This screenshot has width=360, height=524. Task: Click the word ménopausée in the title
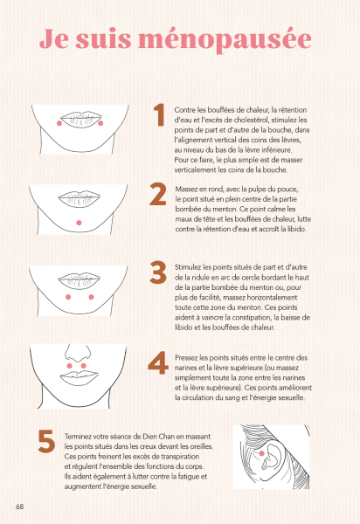pos(225,40)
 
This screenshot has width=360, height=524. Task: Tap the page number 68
pos(20,507)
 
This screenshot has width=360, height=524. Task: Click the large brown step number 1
pos(159,114)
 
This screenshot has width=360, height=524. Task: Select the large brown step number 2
pos(158,194)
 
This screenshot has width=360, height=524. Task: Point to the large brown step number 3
pos(158,272)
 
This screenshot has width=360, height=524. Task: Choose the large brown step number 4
pos(158,362)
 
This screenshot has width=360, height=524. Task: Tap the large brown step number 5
pos(46,441)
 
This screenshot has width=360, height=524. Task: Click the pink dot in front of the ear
pos(262,453)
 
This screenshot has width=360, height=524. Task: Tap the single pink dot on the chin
pos(79,223)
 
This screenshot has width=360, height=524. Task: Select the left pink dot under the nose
pos(70,366)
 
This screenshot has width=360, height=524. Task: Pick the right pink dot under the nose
pos(84,366)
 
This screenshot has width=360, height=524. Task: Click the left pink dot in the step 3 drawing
pos(68,297)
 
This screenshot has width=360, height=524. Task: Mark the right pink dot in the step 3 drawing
pos(91,297)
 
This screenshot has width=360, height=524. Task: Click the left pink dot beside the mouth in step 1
pos(59,123)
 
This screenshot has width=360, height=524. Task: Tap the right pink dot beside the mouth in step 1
pos(100,123)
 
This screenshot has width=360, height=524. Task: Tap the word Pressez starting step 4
pos(186,357)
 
